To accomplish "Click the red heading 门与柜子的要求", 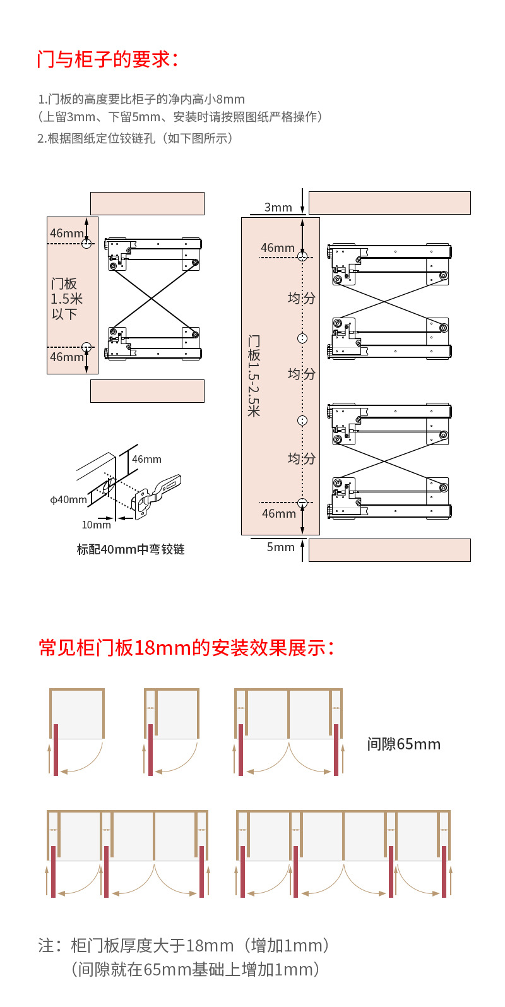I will click(108, 59).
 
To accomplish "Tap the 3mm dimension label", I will click(278, 207).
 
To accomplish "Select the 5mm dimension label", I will click(280, 547).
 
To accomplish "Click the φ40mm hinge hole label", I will click(68, 500).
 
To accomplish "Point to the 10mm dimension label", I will click(96, 525).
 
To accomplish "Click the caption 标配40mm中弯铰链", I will click(131, 549).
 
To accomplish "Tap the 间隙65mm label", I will click(403, 744).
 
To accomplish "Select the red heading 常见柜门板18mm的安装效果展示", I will click(186, 648).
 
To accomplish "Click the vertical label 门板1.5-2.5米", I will click(254, 375).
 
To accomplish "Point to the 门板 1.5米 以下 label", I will click(66, 299).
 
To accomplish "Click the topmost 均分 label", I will click(301, 298).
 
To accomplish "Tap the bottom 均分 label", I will click(301, 458).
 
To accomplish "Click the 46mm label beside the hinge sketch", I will click(146, 459).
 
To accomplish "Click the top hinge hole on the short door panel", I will click(86, 243).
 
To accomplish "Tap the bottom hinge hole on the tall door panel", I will click(302, 503).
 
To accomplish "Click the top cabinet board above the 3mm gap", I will click(389, 203).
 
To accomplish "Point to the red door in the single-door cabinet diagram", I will click(56, 749).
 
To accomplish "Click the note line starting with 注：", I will click(184, 945).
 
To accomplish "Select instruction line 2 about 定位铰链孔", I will click(135, 138).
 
